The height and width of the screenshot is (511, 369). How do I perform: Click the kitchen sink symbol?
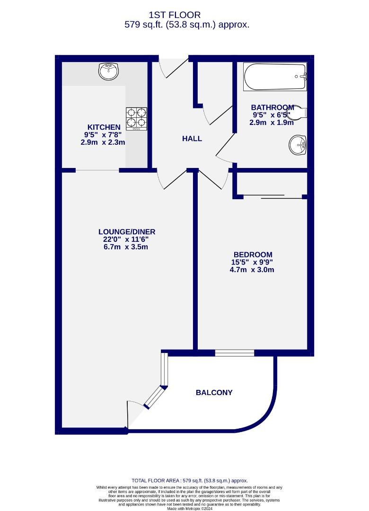click(109, 72)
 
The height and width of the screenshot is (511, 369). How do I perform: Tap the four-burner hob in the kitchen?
click(136, 118)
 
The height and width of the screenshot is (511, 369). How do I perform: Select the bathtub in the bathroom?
click(275, 77)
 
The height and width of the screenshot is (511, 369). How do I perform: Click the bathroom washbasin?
click(298, 145)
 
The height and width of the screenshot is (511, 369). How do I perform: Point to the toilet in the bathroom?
click(300, 114)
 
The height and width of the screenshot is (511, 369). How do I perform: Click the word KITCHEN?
click(104, 127)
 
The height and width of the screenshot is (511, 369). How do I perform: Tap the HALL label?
click(192, 139)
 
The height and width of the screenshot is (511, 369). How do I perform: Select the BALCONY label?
click(214, 392)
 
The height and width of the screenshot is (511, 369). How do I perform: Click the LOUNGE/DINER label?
click(127, 231)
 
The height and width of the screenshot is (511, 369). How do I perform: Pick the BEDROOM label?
click(253, 255)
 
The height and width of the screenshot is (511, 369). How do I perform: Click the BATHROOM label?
click(272, 107)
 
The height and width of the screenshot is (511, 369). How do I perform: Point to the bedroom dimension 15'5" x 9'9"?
click(253, 262)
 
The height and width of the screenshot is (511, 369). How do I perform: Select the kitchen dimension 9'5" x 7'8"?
click(104, 134)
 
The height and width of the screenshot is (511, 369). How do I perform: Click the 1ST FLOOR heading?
click(175, 15)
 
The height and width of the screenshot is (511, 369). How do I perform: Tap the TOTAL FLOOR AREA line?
click(189, 480)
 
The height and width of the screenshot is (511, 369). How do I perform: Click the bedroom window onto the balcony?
click(234, 352)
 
